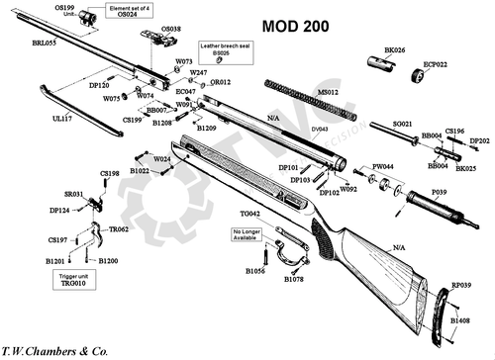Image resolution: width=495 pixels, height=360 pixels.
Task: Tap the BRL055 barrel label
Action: coord(43,45)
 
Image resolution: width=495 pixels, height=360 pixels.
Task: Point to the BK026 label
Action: coord(394,48)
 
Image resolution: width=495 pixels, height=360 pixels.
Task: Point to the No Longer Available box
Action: coord(247,234)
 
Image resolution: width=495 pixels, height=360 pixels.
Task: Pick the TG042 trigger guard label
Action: coord(249,213)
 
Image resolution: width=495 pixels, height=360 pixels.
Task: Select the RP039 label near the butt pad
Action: coord(460,283)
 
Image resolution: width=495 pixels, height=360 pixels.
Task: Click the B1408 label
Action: coord(460,321)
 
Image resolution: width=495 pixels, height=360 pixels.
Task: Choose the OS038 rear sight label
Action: coord(170,30)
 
